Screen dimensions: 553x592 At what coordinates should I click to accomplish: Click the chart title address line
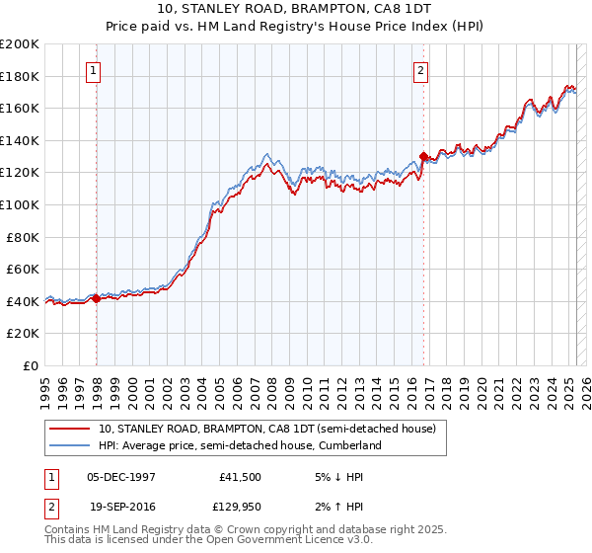pos(295,9)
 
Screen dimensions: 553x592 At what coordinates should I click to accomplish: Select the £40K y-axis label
pos(23,301)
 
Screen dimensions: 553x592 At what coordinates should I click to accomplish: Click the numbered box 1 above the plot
pos(93,70)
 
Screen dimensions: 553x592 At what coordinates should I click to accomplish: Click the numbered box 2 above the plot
pos(420,70)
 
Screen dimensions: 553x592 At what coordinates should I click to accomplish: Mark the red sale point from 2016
pos(423,156)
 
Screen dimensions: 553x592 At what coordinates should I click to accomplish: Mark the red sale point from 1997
pos(97,298)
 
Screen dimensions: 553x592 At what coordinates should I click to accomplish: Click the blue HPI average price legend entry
pos(239,445)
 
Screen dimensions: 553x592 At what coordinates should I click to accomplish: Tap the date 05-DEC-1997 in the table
pos(121,476)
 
